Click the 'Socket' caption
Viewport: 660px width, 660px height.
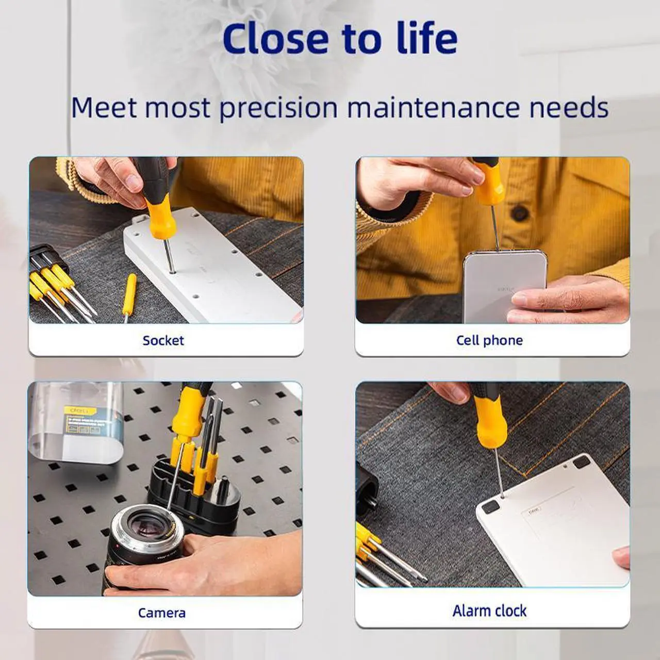pos(163,340)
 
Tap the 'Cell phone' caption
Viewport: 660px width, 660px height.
pos(489,340)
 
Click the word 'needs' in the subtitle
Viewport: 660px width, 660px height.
pos(569,108)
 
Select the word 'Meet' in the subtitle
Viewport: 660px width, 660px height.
pos(104,108)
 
